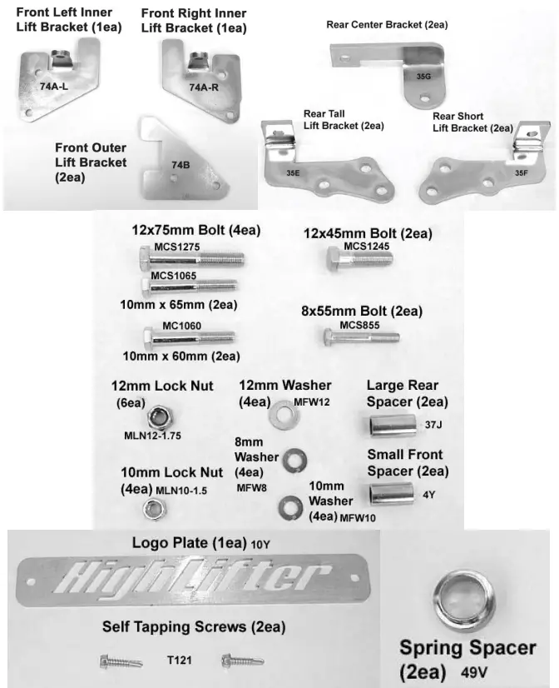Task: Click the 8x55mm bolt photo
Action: coord(360,337)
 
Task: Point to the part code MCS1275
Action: coord(177,247)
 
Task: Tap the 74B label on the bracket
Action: coord(181,165)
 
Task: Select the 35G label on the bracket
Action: coord(423,77)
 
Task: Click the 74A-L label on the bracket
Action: coord(52,86)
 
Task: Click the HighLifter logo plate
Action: coord(191,576)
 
